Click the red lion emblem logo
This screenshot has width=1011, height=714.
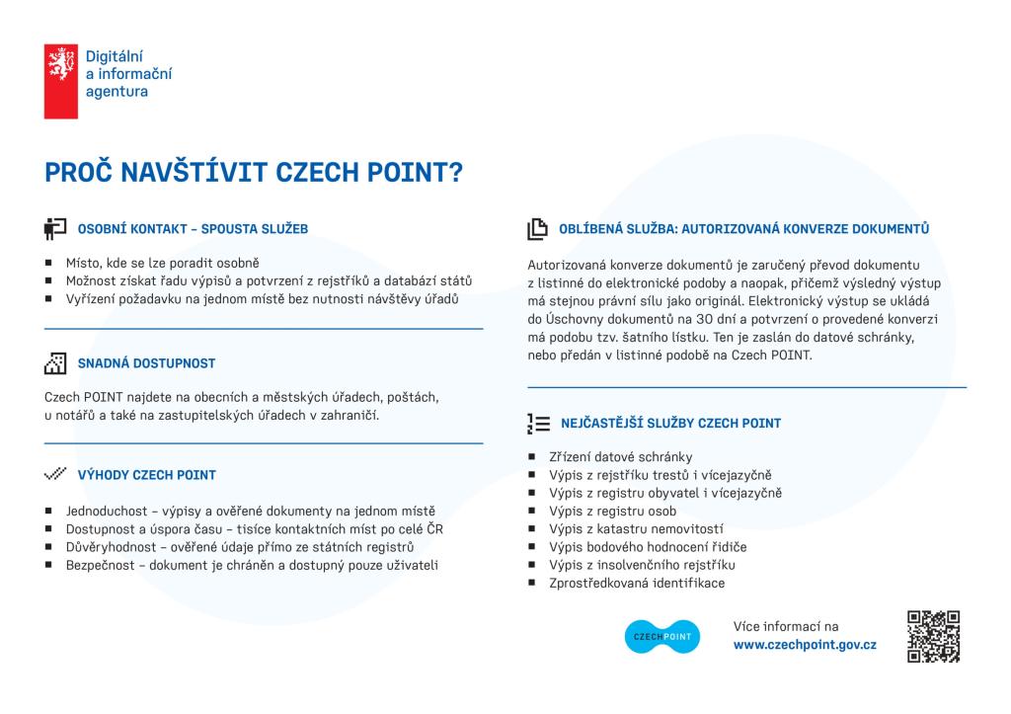(x=60, y=81)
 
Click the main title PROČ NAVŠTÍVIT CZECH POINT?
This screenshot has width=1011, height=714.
(x=254, y=172)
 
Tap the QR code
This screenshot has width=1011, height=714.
(x=933, y=637)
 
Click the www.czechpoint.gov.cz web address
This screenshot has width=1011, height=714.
(x=805, y=645)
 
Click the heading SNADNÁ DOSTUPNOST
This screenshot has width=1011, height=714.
(x=146, y=363)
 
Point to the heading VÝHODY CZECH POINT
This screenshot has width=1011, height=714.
(x=147, y=475)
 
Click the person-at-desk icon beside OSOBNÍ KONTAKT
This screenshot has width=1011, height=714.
(x=55, y=229)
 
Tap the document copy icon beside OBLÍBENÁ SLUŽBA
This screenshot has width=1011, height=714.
(x=537, y=229)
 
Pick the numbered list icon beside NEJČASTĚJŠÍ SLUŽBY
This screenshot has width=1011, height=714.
(x=538, y=424)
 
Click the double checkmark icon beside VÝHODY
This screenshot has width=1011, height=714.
(x=55, y=474)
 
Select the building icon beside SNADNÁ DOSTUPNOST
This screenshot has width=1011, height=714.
(x=55, y=362)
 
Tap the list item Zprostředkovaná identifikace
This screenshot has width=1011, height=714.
(x=637, y=583)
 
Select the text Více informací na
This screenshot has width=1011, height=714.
(x=785, y=626)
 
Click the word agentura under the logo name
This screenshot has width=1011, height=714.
(x=117, y=92)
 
